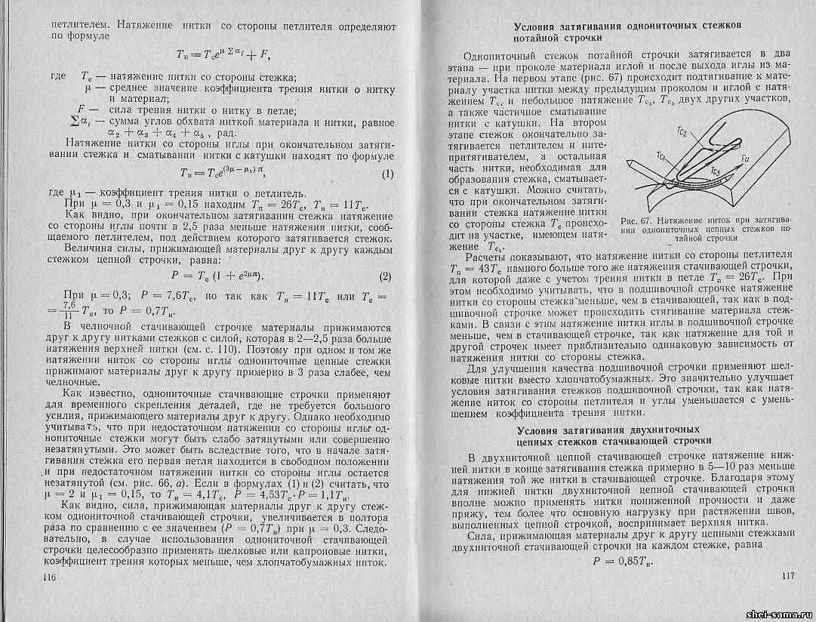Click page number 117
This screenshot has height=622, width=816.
787,576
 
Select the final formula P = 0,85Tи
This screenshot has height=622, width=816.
625,562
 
